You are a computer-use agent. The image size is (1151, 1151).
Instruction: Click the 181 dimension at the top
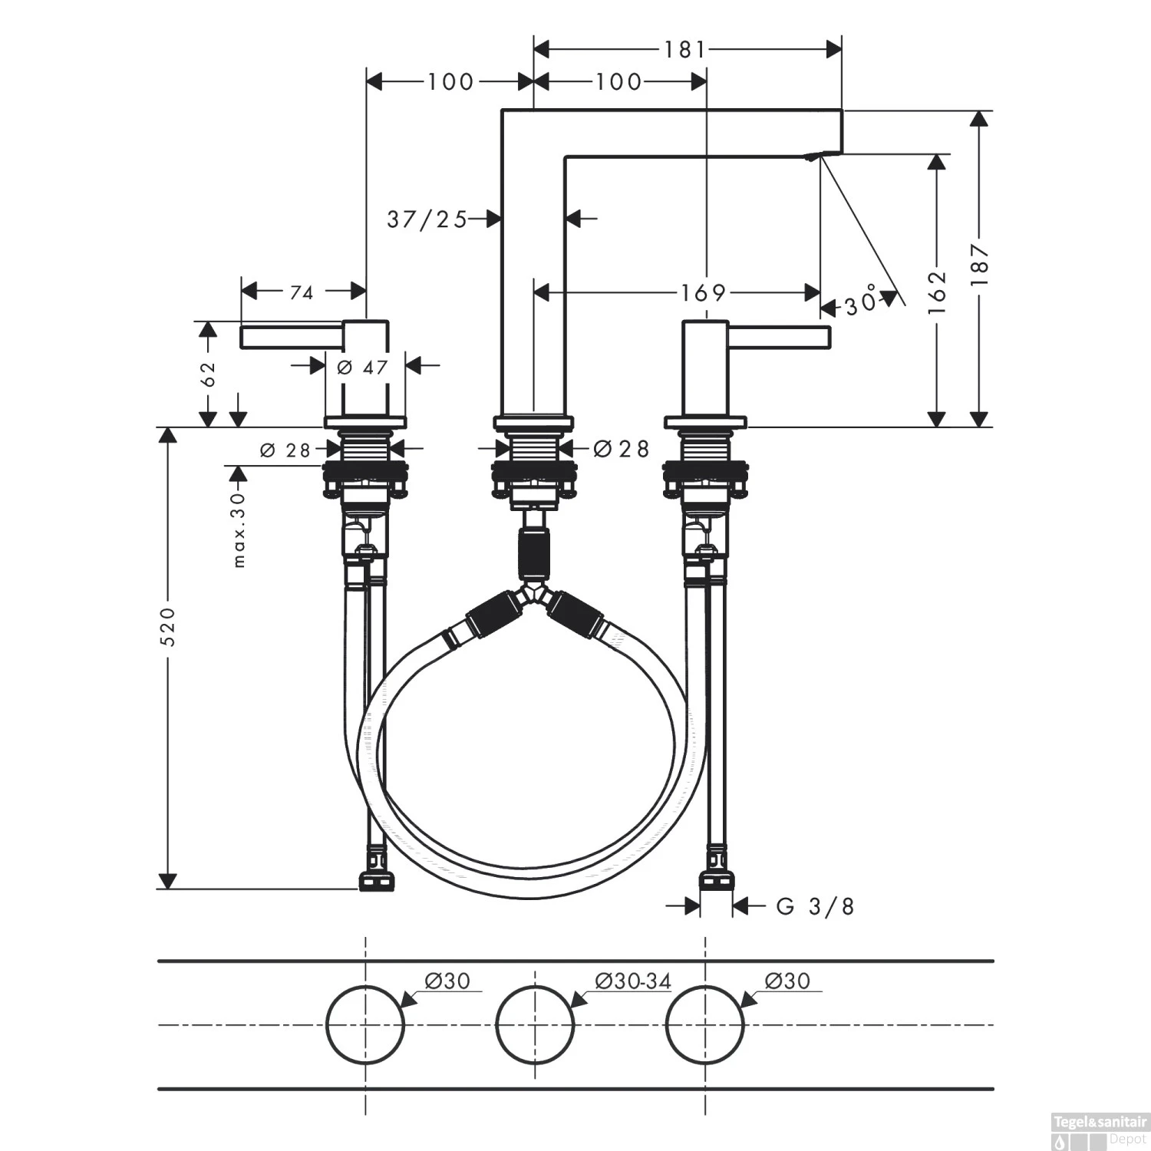(684, 50)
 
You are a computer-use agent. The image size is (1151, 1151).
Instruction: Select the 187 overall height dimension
(979, 265)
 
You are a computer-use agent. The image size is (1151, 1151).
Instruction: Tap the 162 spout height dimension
(937, 292)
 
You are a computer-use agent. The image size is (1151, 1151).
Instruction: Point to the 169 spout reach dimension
(703, 292)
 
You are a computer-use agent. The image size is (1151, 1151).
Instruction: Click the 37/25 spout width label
(427, 220)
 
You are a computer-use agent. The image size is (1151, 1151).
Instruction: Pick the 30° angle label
(861, 302)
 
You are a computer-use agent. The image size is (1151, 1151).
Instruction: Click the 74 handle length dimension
(302, 292)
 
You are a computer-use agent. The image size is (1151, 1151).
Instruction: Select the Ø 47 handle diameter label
(363, 368)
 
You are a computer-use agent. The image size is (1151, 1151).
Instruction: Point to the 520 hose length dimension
(168, 625)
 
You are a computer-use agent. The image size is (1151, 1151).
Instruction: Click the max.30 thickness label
(239, 529)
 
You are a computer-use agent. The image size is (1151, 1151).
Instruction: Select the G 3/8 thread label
(815, 907)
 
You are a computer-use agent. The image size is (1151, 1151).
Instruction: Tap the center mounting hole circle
(535, 1025)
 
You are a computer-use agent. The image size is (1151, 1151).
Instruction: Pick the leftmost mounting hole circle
(365, 1025)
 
